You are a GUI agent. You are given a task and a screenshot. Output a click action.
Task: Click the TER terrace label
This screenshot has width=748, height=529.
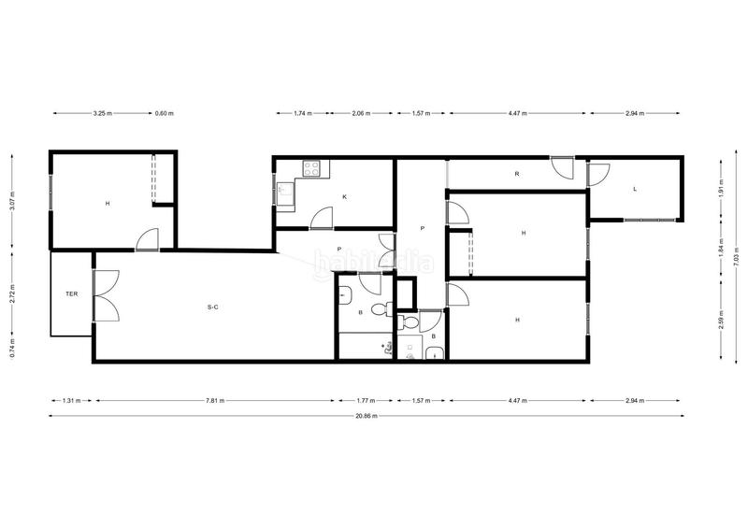pyautogui.click(x=71, y=293)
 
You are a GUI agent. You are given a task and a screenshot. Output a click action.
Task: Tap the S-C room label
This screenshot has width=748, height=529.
pyautogui.click(x=213, y=307)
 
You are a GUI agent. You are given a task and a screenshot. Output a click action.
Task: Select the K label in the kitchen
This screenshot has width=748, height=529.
pyautogui.click(x=345, y=197)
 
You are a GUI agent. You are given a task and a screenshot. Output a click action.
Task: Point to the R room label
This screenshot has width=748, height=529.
pyautogui.click(x=516, y=174)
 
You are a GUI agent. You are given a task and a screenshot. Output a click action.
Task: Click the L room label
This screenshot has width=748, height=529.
pyautogui.click(x=635, y=189)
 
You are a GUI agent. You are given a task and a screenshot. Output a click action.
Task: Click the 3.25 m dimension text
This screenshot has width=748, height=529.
pyautogui.click(x=102, y=114)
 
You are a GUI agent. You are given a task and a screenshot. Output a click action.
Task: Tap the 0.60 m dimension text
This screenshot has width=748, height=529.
pyautogui.click(x=164, y=114)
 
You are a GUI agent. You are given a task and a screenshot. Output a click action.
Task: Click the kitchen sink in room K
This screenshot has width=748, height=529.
pyautogui.click(x=283, y=193)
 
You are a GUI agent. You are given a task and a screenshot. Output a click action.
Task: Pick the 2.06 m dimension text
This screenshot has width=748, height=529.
pyautogui.click(x=360, y=114)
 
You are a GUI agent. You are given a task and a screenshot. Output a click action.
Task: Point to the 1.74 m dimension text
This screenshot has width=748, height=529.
pyautogui.click(x=302, y=114)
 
